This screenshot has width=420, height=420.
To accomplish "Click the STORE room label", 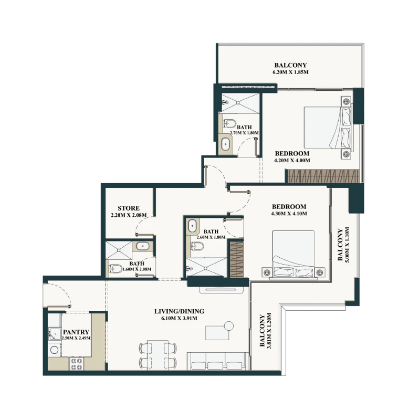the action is (129, 208).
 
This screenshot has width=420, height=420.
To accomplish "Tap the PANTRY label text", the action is (76, 332).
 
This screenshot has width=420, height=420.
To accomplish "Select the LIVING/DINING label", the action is (179, 311).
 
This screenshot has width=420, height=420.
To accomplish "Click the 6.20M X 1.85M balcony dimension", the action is (290, 72).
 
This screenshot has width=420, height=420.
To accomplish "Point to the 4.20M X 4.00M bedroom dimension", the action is (292, 161).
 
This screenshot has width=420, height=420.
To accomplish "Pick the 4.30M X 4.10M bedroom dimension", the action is (289, 214).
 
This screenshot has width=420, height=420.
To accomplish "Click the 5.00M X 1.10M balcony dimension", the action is (347, 245).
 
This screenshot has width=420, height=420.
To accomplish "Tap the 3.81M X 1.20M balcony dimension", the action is (269, 331).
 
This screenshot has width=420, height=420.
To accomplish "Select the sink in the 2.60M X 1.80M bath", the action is (192, 226).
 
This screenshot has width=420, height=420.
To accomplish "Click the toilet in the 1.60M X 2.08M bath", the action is (115, 268).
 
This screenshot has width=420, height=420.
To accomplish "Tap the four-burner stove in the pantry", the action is (76, 364).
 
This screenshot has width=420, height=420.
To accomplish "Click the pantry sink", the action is (55, 334).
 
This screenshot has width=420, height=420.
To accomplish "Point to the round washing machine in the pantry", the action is (55, 350).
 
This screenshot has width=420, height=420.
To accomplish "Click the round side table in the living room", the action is (228, 326).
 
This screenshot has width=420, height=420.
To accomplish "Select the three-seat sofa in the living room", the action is (218, 361).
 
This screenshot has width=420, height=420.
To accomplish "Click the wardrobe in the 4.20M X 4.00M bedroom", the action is (322, 176).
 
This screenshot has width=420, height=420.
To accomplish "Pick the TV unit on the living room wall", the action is (221, 290).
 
